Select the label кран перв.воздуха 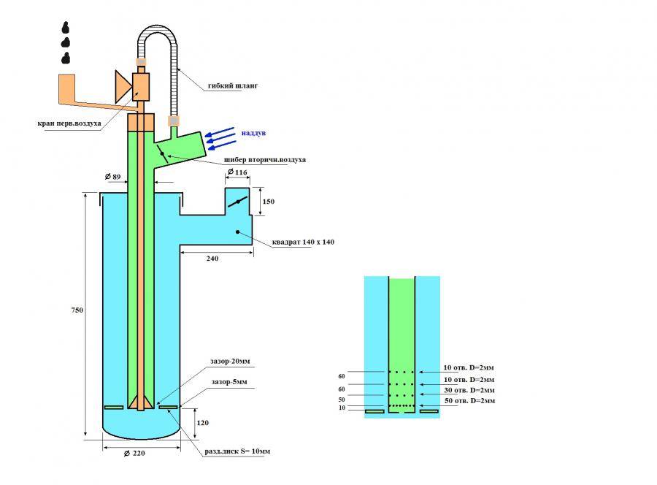[x=69, y=123]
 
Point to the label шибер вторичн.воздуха [x=264, y=159]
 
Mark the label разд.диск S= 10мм [x=237, y=451]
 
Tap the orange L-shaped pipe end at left [x=65, y=86]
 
